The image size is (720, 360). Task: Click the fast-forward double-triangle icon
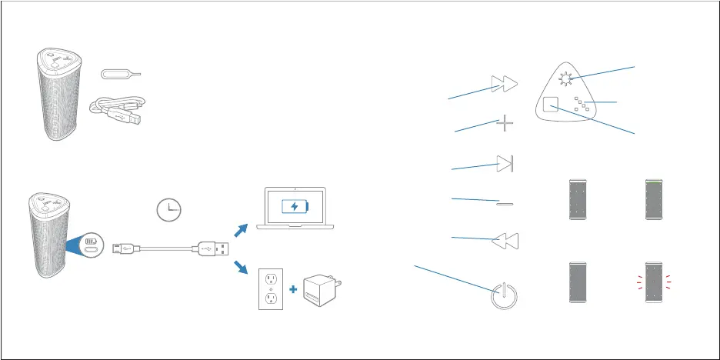click(505, 84)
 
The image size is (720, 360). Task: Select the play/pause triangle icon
click(505, 163)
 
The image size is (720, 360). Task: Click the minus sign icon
click(505, 203)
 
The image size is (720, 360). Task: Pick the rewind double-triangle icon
click(505, 241)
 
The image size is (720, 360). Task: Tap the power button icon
click(504, 295)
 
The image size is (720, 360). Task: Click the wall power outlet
click(270, 288)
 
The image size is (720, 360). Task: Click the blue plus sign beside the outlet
click(293, 289)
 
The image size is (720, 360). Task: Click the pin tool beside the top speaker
click(122, 73)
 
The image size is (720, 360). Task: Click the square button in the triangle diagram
click(549, 106)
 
